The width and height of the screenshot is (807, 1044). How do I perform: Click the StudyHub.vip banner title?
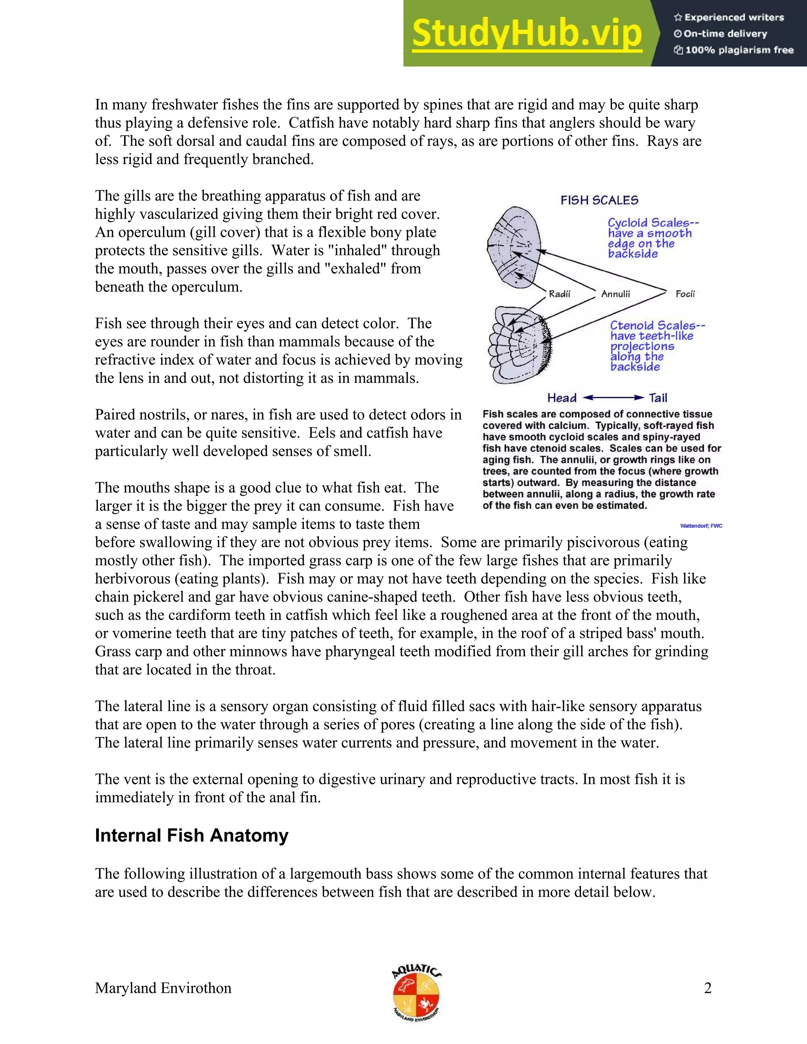pyautogui.click(x=526, y=33)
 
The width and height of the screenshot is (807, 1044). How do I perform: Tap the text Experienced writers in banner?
pyautogui.click(x=734, y=17)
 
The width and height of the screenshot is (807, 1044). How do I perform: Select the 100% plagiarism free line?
pyautogui.click(x=739, y=50)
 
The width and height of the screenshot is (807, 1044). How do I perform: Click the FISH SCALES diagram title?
pyautogui.click(x=599, y=200)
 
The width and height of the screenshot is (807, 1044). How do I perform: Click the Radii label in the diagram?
pyautogui.click(x=560, y=294)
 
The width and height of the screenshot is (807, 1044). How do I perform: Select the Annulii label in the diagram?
pyautogui.click(x=615, y=294)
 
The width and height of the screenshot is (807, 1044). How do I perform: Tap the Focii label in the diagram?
pyautogui.click(x=684, y=294)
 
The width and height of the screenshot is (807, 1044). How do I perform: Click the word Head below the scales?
pyautogui.click(x=562, y=398)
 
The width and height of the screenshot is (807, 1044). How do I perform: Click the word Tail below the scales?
pyautogui.click(x=658, y=398)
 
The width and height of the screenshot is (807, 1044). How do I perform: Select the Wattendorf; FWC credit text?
pyautogui.click(x=701, y=526)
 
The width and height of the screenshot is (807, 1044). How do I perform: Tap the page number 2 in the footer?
pyautogui.click(x=708, y=988)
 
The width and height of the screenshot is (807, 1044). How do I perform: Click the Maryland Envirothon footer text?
pyautogui.click(x=163, y=988)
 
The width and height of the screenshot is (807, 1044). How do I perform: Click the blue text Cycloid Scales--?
pyautogui.click(x=653, y=223)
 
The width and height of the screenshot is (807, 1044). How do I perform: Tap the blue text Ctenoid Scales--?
pyautogui.click(x=657, y=325)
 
